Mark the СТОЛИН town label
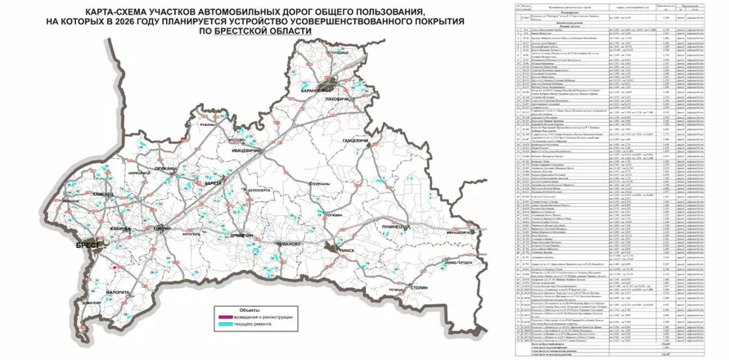(421, 289)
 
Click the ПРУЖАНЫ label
(164, 169)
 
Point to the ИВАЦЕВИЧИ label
(245, 150)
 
